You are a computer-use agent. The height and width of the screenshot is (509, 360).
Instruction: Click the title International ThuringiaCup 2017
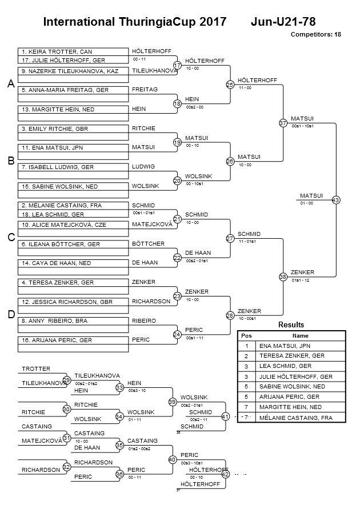tap(130, 22)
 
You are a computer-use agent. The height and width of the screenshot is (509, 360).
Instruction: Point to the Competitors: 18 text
tap(315, 35)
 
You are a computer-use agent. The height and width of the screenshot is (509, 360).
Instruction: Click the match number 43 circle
tap(336, 200)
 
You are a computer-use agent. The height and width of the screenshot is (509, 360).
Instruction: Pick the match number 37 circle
tap(283, 123)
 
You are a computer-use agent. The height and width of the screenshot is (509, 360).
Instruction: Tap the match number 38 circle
tap(283, 276)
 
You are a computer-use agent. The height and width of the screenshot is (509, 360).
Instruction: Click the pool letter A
tap(10, 84)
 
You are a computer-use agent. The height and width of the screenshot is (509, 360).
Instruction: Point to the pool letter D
tap(10, 315)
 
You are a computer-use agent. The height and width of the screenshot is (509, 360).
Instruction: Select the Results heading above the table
tap(291, 324)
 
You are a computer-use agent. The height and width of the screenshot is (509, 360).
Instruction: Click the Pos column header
tap(246, 336)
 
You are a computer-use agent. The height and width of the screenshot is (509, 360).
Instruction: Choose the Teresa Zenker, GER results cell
tap(301, 356)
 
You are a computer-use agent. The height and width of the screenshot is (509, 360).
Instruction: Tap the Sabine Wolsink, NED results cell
tap(301, 387)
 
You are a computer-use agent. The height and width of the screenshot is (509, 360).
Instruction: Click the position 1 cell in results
tap(246, 346)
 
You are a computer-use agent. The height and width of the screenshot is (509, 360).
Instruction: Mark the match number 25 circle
tap(230, 85)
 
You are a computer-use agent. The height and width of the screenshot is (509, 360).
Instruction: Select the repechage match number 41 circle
tap(225, 417)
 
